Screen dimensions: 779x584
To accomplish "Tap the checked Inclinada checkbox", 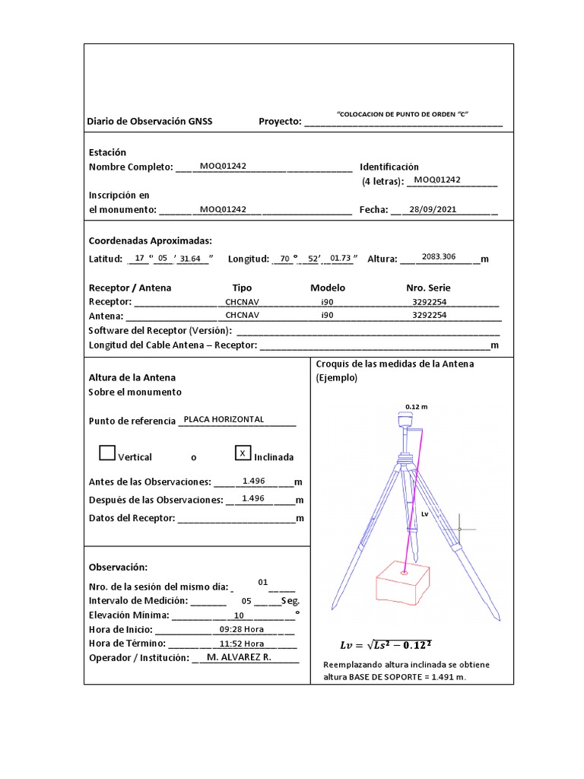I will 243,453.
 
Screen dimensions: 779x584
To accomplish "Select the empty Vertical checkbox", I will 107,453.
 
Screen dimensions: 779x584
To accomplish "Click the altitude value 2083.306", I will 439,257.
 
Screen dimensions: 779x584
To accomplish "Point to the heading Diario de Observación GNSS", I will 151,122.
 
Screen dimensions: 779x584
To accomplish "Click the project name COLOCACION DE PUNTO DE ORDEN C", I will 408,113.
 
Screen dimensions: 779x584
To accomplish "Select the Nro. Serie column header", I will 428,288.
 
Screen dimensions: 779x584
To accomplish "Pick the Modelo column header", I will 328,288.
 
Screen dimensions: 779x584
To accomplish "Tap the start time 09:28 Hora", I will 241,629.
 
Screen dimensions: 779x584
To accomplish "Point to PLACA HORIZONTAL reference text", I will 219,419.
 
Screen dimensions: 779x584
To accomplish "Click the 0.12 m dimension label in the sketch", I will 416,406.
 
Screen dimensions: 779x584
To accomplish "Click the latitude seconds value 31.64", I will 189,259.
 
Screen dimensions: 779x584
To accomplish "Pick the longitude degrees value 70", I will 284,259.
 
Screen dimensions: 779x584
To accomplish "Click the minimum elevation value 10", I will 239,615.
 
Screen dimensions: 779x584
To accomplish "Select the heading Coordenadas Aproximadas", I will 151,240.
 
